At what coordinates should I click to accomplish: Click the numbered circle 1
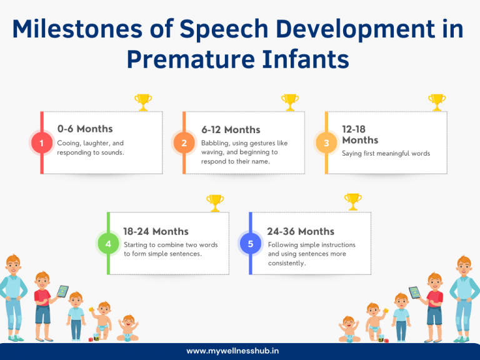pos(41,143)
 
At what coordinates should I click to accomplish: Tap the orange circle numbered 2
pos(184,143)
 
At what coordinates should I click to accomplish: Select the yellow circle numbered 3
pos(326,143)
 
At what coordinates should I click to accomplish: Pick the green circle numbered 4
pos(108,244)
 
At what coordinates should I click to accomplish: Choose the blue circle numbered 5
pos(250,244)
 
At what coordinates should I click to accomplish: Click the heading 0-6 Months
pos(85,129)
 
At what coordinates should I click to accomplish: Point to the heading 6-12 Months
pos(231,129)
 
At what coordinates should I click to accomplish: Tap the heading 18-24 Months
pos(156,231)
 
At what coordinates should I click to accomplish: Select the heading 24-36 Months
pos(301,231)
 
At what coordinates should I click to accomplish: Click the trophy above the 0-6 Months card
pos(143,101)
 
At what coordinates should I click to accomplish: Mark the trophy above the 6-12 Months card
pos(289,101)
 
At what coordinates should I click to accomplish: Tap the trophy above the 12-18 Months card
pos(436,101)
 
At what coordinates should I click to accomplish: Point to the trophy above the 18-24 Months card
pos(214,202)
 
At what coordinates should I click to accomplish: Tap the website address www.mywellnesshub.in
pos(239,351)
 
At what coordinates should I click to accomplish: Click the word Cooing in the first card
pos(68,143)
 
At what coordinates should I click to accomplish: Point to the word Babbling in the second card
pos(215,143)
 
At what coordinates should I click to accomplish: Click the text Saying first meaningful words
pos(386,153)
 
